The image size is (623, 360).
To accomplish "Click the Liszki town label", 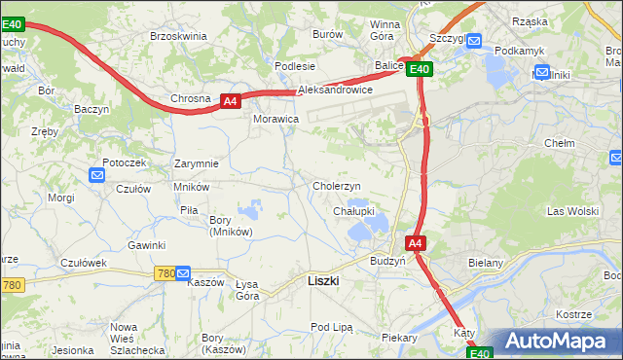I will (x=322, y=280).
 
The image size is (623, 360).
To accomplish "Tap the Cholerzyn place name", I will (x=337, y=186).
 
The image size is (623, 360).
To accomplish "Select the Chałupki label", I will (x=353, y=211).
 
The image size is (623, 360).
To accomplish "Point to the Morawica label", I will (x=275, y=119).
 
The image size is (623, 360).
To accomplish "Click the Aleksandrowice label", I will (x=335, y=89).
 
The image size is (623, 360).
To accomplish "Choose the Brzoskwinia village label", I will (x=178, y=35).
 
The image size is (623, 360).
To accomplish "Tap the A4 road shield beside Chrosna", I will (x=229, y=100).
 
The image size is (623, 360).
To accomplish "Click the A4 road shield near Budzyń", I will (x=416, y=243).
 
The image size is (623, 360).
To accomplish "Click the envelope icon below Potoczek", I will (x=97, y=175).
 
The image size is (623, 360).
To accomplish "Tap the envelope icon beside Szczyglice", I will (x=474, y=41).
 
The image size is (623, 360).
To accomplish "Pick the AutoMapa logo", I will (x=556, y=341).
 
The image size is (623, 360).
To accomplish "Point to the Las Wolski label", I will (x=572, y=211).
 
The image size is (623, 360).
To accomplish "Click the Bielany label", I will (x=512, y=263).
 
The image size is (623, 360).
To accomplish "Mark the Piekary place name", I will (x=399, y=338).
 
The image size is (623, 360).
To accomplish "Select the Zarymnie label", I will (x=196, y=163).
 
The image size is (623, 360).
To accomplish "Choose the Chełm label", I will (x=561, y=143).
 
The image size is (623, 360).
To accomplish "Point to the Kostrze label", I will (x=573, y=314).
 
